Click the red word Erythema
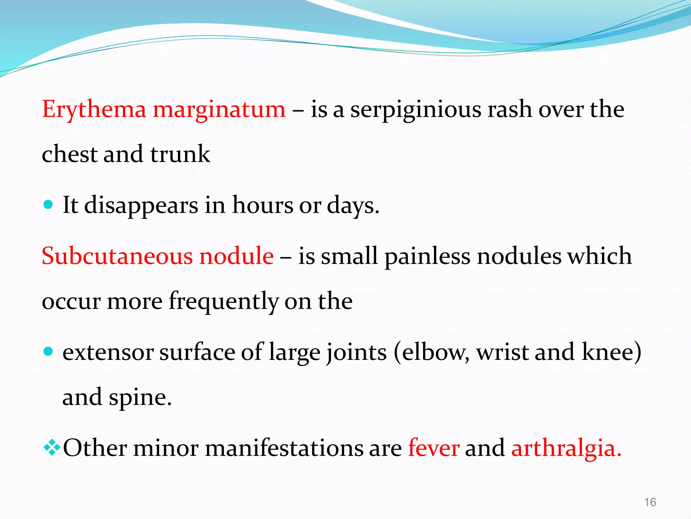(94, 110)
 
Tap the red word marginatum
(219, 110)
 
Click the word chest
(70, 154)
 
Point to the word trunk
(180, 154)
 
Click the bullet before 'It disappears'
(49, 204)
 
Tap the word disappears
(141, 205)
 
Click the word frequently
(223, 301)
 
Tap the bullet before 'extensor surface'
(49, 351)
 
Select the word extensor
(108, 352)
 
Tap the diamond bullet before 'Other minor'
(52, 448)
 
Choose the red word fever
(434, 448)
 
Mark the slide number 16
(650, 502)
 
